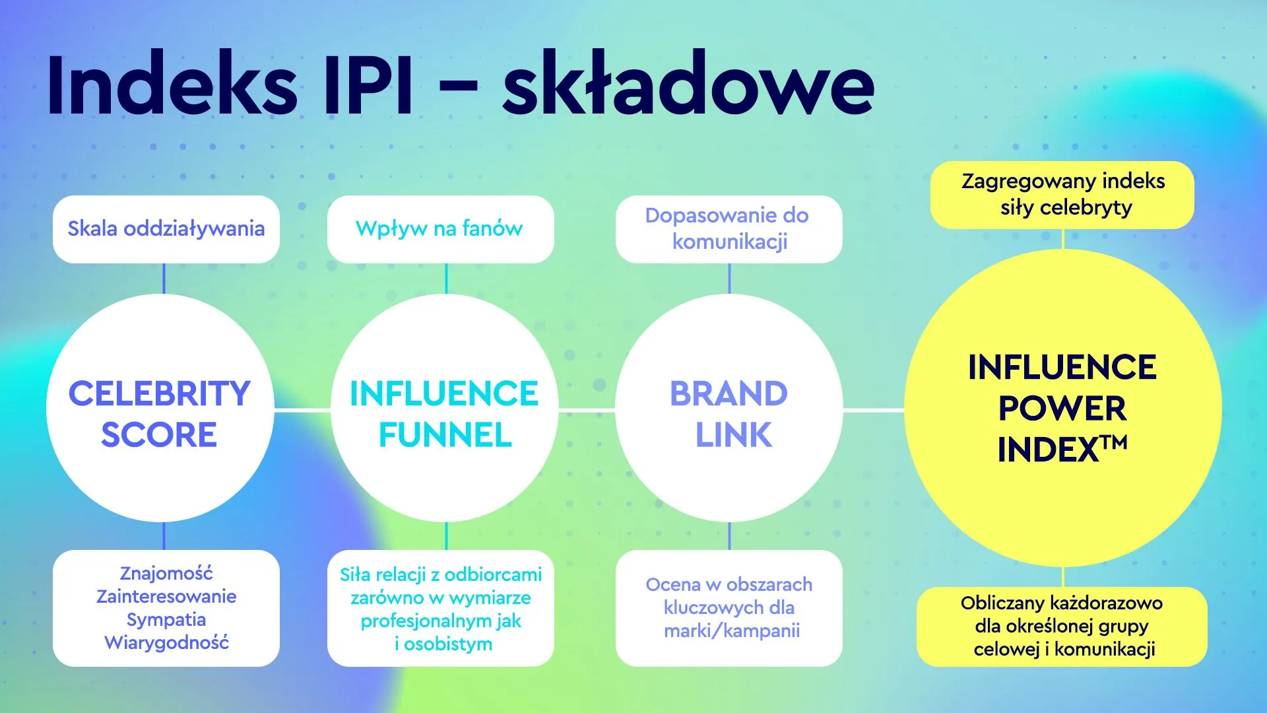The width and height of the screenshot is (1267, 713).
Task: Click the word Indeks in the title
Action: tap(172, 85)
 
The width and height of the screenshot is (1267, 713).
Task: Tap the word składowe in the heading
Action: tap(688, 85)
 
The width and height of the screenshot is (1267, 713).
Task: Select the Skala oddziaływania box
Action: tap(166, 229)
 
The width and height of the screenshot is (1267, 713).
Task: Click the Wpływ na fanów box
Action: tap(440, 229)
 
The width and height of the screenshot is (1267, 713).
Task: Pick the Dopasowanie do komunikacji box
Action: tap(729, 229)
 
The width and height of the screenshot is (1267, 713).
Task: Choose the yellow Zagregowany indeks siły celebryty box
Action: tap(1062, 195)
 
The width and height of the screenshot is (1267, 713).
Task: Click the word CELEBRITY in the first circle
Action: tap(160, 393)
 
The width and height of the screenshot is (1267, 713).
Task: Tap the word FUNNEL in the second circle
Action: tap(445, 435)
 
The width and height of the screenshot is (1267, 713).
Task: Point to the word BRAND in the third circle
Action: tap(729, 393)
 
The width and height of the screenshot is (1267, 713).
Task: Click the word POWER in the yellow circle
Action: tap(1062, 409)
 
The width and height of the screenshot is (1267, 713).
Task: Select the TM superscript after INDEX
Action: tap(1115, 442)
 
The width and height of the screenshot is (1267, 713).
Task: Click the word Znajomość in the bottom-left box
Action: tap(166, 573)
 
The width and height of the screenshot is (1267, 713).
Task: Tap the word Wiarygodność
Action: tap(166, 642)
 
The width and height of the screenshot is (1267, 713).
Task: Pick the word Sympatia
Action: tap(166, 619)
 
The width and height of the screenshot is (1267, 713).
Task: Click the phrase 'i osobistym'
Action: tap(443, 644)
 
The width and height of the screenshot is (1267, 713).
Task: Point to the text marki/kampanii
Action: tap(732, 630)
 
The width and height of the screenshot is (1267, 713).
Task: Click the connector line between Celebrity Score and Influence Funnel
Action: tap(302, 411)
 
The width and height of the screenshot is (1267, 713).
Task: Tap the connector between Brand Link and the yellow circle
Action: tap(874, 411)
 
